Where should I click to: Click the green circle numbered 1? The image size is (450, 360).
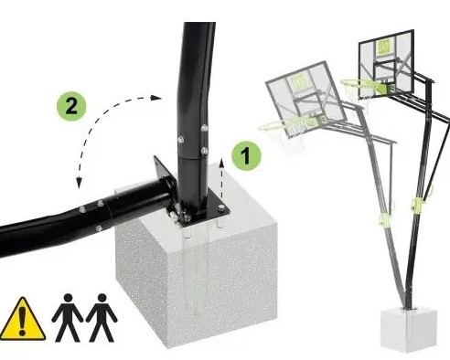pos(246,156)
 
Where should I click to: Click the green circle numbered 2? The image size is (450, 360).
pos(71,107)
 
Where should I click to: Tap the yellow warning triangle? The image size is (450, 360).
pos(22,319)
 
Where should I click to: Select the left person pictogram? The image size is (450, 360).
pos(68,317)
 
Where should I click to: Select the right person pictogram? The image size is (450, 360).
pos(102,317)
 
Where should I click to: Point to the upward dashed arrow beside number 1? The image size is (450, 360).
pos(222,178)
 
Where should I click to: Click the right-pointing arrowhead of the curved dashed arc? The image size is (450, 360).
pos(156,98)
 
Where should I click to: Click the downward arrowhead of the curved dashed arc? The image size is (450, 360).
pos(79,184)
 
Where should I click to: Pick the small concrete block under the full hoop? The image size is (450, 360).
pos(409,330)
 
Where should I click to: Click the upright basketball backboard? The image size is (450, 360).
pos(387,64)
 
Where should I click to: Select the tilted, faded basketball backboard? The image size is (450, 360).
pos(306,98)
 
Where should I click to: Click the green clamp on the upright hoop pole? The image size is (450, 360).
pos(417,203)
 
